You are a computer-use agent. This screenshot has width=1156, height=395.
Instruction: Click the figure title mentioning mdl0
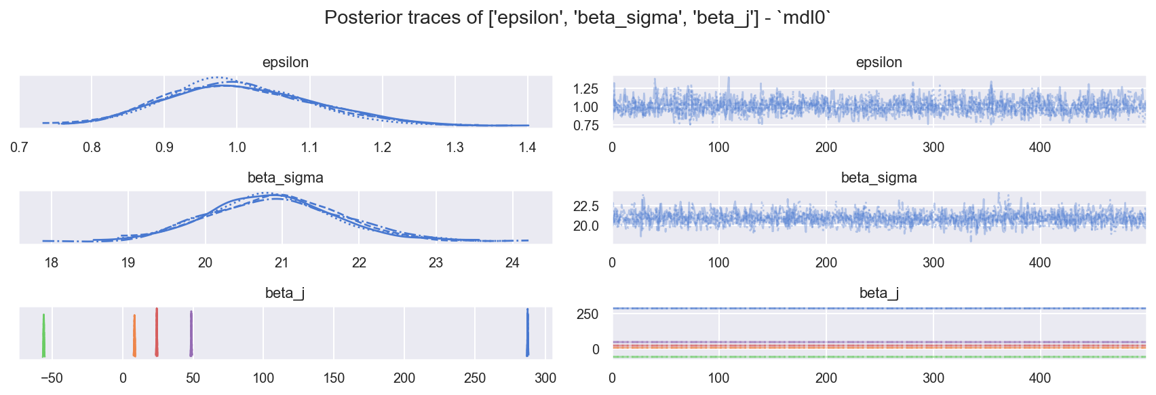click(577, 18)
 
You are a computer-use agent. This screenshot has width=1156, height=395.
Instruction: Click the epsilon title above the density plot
click(286, 62)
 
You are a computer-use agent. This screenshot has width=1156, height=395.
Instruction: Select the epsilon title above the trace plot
click(879, 62)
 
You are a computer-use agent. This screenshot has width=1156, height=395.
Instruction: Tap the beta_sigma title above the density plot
click(286, 178)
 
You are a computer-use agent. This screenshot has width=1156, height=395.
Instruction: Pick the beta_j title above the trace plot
click(879, 293)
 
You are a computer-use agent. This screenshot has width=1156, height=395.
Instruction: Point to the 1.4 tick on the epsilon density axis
click(527, 147)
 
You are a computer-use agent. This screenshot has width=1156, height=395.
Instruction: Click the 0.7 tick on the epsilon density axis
click(19, 147)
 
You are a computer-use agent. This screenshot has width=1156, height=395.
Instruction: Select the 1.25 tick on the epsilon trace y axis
click(585, 89)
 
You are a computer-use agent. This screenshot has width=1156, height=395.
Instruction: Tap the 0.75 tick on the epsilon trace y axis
click(585, 126)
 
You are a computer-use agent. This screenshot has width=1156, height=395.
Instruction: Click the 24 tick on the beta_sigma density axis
click(513, 263)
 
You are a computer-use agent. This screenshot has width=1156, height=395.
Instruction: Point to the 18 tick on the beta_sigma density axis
click(52, 263)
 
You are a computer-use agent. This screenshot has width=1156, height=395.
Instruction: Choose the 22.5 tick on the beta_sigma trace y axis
click(585, 206)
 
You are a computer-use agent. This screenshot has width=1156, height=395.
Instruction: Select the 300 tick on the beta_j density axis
click(545, 378)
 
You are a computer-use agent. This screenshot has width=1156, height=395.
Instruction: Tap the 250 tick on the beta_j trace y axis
click(587, 314)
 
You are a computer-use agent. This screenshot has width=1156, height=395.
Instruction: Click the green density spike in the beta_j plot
click(44, 336)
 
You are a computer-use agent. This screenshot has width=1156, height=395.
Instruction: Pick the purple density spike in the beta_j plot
click(191, 334)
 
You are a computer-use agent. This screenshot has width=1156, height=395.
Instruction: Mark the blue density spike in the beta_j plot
click(528, 333)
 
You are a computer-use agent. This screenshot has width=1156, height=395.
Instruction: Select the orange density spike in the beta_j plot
click(134, 336)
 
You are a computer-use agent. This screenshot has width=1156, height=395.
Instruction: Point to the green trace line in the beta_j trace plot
click(879, 357)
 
